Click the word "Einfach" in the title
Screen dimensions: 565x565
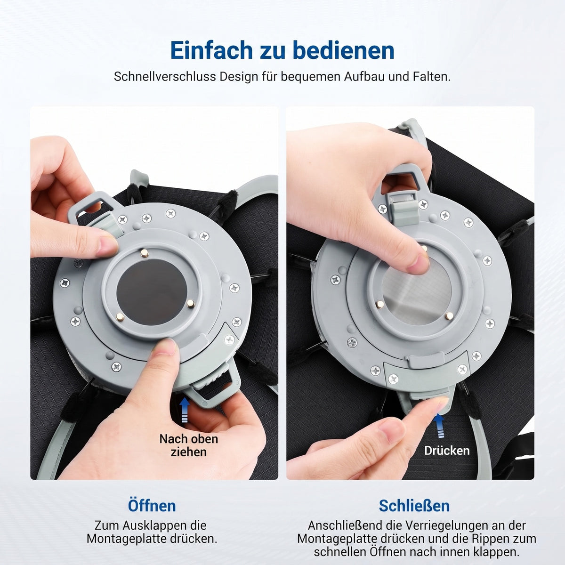(x=211, y=50)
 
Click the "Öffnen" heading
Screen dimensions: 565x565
(x=152, y=506)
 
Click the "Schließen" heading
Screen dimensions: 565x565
(x=414, y=506)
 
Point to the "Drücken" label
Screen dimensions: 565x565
(x=447, y=451)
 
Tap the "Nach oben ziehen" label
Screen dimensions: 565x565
(x=189, y=445)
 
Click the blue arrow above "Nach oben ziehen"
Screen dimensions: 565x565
(x=185, y=409)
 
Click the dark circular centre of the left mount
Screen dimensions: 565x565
(x=152, y=292)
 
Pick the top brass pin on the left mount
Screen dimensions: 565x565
(x=144, y=253)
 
